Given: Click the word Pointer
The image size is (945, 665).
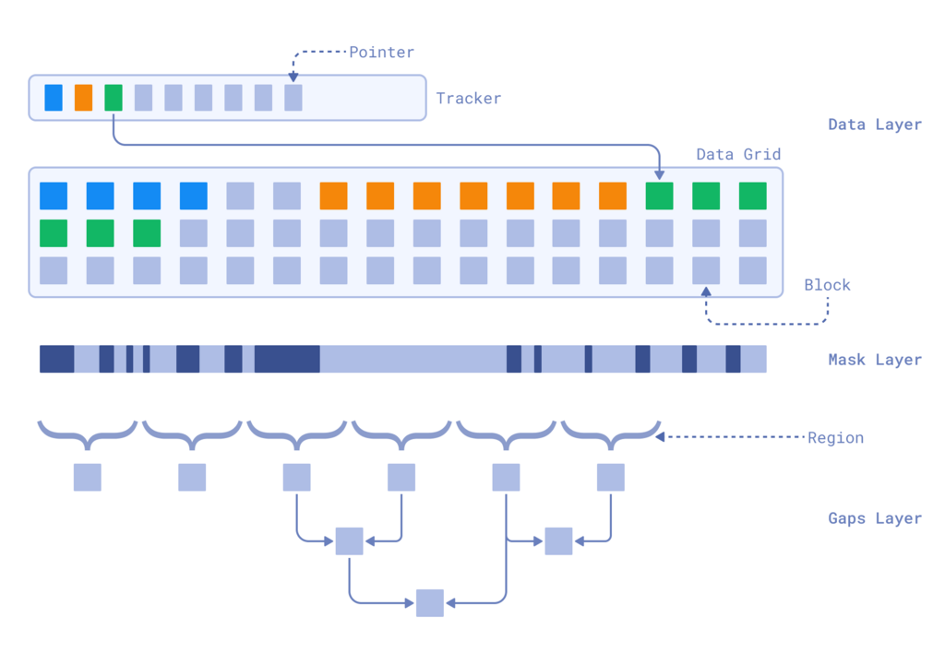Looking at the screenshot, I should (x=381, y=52).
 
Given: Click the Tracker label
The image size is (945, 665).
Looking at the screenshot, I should (x=468, y=98).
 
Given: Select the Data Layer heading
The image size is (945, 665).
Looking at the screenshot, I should (x=874, y=125).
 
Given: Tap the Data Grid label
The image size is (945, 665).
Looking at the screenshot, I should (x=738, y=154).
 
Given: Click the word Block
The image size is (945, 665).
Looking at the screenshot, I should (x=826, y=285).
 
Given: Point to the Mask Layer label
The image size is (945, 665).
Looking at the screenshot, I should (x=874, y=360).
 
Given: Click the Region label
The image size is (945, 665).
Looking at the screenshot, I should (x=835, y=437).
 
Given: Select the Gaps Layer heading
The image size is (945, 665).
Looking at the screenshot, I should (x=874, y=518).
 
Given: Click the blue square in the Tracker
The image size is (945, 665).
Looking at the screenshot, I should (x=54, y=98).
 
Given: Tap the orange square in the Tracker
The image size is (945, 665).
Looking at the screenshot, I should (x=84, y=98).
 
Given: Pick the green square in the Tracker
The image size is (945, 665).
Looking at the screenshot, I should (x=114, y=98).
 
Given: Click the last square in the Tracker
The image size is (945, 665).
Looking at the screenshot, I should (x=293, y=98).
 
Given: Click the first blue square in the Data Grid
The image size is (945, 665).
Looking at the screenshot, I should (x=54, y=196).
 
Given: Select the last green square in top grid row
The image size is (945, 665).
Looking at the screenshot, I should (x=753, y=196).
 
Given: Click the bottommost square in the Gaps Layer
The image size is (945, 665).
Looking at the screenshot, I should (x=430, y=603).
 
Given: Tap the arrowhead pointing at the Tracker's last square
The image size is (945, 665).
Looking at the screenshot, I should (x=293, y=78).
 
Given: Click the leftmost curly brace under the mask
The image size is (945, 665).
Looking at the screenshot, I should (x=88, y=430).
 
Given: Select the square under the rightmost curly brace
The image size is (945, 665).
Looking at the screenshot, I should (x=611, y=478).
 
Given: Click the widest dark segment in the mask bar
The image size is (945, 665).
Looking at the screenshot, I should (x=287, y=359).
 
